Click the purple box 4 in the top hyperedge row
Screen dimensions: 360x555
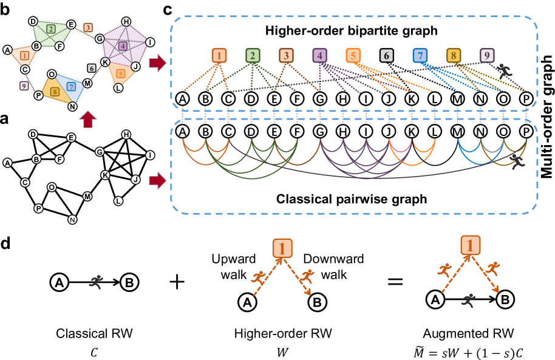point(319,56)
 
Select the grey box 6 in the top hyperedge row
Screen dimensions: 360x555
point(387,56)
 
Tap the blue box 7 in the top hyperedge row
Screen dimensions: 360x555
point(420,56)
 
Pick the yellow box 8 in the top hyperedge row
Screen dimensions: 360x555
point(453,56)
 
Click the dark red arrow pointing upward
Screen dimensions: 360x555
point(88,118)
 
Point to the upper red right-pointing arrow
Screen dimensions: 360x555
point(157,63)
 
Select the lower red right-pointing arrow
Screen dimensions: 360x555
point(157,180)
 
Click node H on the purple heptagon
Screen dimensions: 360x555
point(126,22)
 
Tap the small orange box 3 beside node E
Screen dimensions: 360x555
point(88,27)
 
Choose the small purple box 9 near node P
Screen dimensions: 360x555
point(24,86)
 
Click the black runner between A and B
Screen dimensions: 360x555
point(96,281)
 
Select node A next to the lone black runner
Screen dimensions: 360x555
point(59,282)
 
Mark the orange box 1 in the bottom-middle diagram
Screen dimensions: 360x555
point(282,248)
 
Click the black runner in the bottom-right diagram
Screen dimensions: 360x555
point(468,300)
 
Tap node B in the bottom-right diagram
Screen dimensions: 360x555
point(505,299)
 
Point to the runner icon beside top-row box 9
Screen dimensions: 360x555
point(504,70)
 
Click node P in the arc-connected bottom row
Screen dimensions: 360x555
point(526,131)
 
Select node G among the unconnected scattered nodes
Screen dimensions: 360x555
point(100,152)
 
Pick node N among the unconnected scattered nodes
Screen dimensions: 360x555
point(72,220)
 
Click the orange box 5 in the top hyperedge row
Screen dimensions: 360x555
point(353,56)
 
